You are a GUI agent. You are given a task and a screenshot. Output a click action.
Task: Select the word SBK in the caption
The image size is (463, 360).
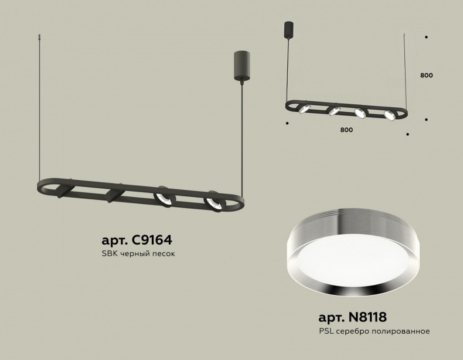coord(110,254)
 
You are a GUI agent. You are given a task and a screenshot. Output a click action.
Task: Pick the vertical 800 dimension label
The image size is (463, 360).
coord(426,75)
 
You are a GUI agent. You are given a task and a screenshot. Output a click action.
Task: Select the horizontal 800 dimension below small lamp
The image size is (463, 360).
coord(346,130)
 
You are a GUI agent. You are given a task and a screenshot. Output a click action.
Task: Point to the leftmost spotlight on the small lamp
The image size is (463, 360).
coord(305,108)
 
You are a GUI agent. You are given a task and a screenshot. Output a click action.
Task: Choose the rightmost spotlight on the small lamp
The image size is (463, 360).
coord(389,114)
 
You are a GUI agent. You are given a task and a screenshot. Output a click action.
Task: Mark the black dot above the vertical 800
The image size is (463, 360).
coord(426,37)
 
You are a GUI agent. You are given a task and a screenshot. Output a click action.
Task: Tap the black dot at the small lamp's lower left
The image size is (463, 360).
coord(287,123)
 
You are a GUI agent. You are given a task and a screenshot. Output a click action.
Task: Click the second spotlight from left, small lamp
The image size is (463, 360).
coord(334,110)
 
